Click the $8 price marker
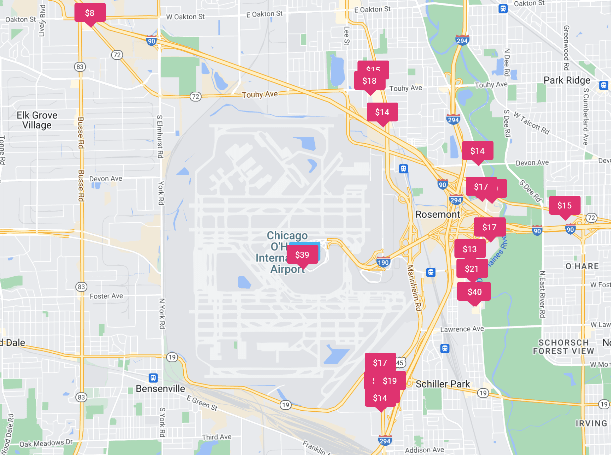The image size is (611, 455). coord(90,13)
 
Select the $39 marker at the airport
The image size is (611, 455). coord(302,254)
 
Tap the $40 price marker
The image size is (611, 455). coord(474,292)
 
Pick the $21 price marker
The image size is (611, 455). coord(472,268)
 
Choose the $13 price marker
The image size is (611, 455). coord(470,249)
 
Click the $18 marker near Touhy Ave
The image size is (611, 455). coord(369,81)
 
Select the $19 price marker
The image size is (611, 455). coord(390,381)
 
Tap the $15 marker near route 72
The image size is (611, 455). coord(564,205)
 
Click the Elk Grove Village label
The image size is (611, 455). coord(37,120)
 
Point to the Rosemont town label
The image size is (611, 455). coord(437,214)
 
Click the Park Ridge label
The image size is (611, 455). coord(567,80)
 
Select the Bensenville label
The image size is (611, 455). coord(161,388)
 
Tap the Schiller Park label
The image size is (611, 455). coord(443,384)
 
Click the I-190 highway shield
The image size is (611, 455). coord(383,262)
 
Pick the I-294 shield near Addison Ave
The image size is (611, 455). coord(385,440)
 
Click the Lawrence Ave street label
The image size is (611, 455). coord(462,329)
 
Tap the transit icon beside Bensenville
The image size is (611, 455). coord(153,378)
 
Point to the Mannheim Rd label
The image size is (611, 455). coord(414,288)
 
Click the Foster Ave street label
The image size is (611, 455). coord(106,296)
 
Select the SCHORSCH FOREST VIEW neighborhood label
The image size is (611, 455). coord(563,347)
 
